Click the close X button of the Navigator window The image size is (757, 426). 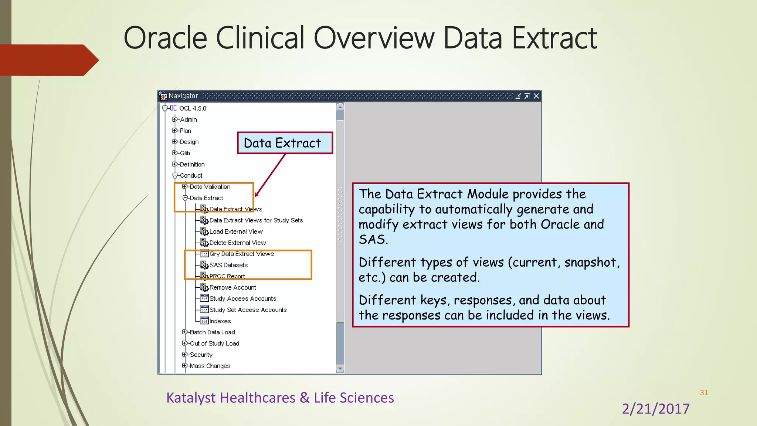pos(536,96)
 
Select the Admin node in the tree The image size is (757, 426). pos(188,119)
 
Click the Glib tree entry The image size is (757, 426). pos(185,153)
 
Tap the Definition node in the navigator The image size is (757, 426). pos(192,164)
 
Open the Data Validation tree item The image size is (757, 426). pos(210,187)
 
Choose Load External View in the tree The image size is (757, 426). pos(236,231)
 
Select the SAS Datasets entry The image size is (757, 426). pos(228,265)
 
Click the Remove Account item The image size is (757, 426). pos(232,287)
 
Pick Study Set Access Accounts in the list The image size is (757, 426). pos(248,310)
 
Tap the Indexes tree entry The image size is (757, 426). pos(220,321)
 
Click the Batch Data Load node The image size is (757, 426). pos(212,332)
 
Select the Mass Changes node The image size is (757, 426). pos(210,366)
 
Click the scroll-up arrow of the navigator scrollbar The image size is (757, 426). pos(340,107)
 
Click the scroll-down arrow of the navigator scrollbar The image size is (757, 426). pos(340,369)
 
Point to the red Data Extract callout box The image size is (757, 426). pos(285,143)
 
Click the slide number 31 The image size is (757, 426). pos(704,393)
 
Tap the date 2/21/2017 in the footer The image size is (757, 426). pos(655,409)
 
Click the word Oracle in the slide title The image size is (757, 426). pos(165,38)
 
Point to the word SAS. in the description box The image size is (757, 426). pos(373,240)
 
